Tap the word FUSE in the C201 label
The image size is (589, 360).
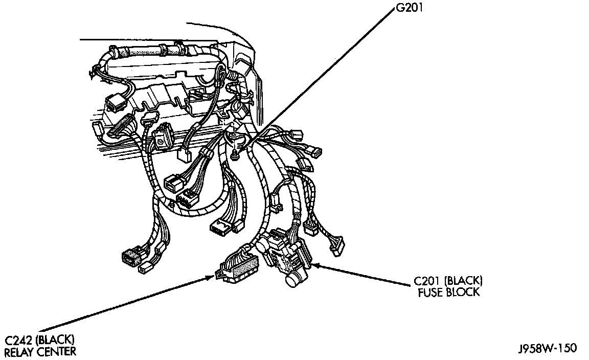coord(426,292)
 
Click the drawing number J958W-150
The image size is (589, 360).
coord(546,349)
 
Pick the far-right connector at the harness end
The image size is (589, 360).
coord(337,245)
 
